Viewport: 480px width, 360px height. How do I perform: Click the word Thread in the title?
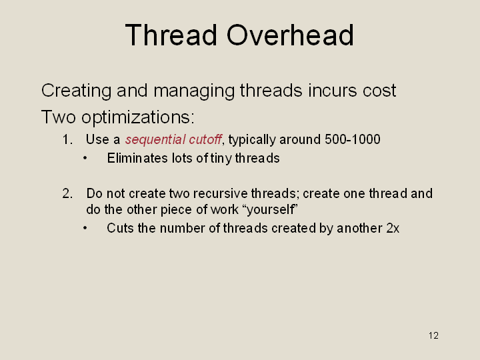(x=171, y=35)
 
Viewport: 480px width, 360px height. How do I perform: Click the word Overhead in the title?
(x=290, y=35)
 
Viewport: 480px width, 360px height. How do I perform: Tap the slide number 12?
(x=433, y=335)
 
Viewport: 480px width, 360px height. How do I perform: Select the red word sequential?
(x=155, y=140)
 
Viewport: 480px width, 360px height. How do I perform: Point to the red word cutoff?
(x=205, y=139)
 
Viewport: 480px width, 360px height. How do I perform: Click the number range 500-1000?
(x=353, y=139)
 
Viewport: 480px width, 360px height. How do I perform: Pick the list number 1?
(x=67, y=139)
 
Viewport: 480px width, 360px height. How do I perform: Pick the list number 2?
(x=67, y=194)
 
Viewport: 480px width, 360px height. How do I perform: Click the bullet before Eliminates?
(x=85, y=158)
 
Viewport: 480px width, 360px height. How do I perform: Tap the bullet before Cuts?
(x=85, y=229)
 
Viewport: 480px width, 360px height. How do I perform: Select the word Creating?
(x=76, y=91)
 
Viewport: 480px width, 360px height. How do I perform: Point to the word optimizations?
(x=138, y=117)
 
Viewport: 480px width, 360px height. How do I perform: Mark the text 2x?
(x=393, y=229)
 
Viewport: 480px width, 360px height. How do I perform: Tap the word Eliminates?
(x=137, y=158)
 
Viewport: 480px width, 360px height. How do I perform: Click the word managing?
(x=194, y=91)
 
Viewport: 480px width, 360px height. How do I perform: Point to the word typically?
(x=252, y=140)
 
